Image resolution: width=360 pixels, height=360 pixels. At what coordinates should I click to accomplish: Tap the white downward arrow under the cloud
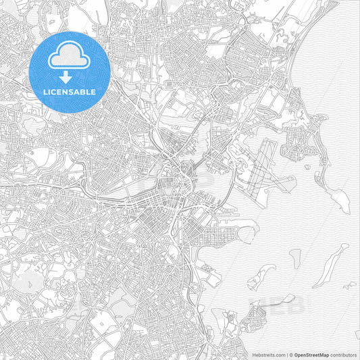(x=70, y=77)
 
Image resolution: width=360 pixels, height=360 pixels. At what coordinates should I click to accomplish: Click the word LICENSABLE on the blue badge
(x=70, y=92)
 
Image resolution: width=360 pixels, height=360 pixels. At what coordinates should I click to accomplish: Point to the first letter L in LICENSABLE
(x=45, y=92)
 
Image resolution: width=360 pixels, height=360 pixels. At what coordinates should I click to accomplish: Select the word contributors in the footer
(x=343, y=355)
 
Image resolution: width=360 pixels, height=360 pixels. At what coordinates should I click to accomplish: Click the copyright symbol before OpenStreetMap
(x=291, y=355)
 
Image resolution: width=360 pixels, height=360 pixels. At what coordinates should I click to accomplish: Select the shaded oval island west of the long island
(x=295, y=257)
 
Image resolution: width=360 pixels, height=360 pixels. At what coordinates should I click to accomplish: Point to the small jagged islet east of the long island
(x=349, y=286)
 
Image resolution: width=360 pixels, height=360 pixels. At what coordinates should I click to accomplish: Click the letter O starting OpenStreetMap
(x=297, y=355)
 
